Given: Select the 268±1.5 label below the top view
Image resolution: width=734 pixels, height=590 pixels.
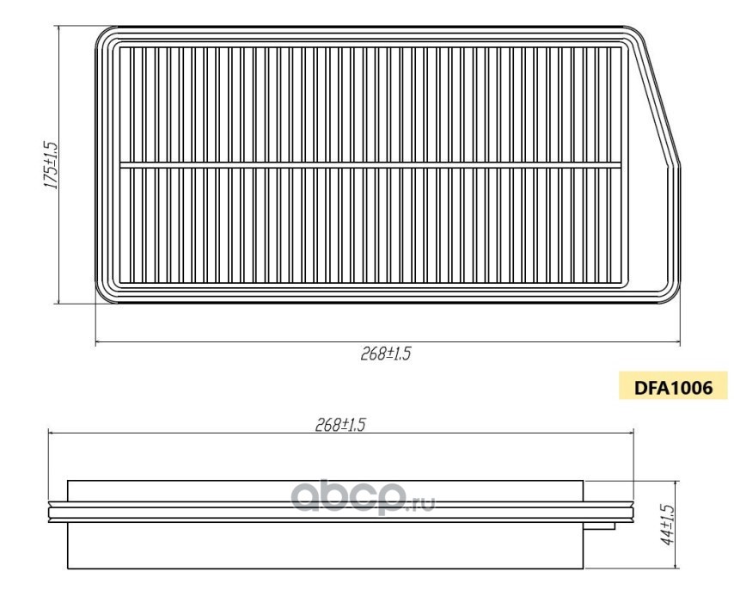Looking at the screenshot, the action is click(x=385, y=353).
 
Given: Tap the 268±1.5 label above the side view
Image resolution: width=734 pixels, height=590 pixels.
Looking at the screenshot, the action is click(x=339, y=425).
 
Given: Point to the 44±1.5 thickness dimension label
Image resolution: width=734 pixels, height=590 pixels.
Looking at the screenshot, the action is click(x=666, y=525).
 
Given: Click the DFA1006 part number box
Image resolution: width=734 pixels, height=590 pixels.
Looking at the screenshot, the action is click(x=673, y=387).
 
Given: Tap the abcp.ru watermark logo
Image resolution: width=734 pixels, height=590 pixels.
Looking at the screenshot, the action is click(x=364, y=498).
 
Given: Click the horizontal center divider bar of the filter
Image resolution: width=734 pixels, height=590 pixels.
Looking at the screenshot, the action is click(x=370, y=165).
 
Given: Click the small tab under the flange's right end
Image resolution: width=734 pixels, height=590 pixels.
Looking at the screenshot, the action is click(x=599, y=526).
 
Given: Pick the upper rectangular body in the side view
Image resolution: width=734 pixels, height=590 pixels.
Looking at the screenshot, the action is click(x=326, y=491).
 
